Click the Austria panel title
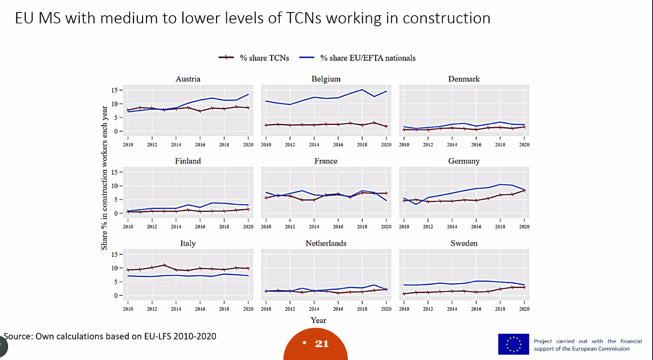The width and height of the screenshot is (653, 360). pos(188,79)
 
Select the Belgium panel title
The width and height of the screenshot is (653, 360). pos(326,79)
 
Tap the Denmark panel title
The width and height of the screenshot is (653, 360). pos(464,79)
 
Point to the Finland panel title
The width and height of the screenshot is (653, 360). pos(188,161)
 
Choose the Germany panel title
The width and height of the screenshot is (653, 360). pos(464,161)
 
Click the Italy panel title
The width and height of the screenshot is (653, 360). pos(188,243)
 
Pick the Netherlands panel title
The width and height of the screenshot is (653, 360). pos(326,243)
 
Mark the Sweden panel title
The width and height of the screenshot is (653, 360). pos(464,243)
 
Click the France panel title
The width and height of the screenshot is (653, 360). pos(326,161)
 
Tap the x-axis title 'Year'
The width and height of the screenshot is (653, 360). pos(318,320)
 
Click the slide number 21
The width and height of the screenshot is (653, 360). pos(322,344)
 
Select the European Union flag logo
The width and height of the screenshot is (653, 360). pos(514,344)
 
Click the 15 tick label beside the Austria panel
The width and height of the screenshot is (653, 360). pos(114,90)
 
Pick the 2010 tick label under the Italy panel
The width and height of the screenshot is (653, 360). pos(128,309)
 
